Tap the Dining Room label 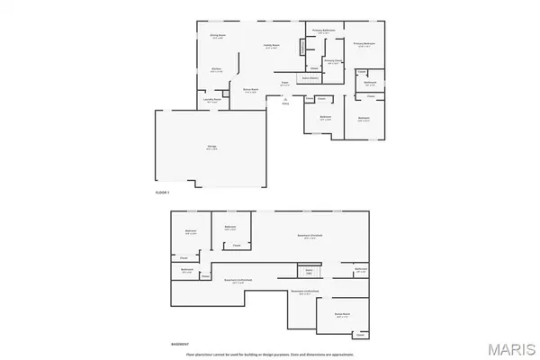[217, 37]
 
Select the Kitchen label [217, 68]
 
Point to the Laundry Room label [212, 101]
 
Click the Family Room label [271, 46]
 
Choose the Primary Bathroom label [324, 31]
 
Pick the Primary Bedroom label [364, 43]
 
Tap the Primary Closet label [332, 62]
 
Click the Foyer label [284, 82]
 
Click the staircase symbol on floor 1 [302, 47]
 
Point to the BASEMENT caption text [181, 343]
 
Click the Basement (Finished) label [310, 236]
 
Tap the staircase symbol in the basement [309, 270]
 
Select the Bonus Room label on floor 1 [251, 89]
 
